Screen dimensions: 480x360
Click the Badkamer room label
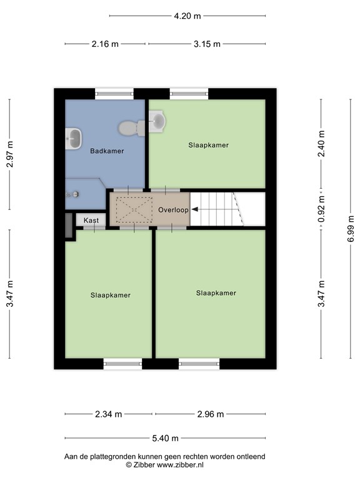pos(107,151)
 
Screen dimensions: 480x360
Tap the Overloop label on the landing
pos(173,210)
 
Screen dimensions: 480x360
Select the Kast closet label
pos(91,221)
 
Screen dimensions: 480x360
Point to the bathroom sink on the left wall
pos(74,138)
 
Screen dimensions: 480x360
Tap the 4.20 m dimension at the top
pos(187,16)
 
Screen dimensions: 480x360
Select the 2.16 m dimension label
pos(105,44)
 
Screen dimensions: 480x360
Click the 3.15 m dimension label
pos(207,44)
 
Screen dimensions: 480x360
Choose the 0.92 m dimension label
pos(322,210)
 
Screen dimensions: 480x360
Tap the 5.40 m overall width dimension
pos(166,438)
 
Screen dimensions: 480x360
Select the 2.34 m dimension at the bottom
pos(108,414)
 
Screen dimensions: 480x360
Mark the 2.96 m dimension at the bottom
pos(211,414)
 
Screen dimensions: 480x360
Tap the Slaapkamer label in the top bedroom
pos(208,145)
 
